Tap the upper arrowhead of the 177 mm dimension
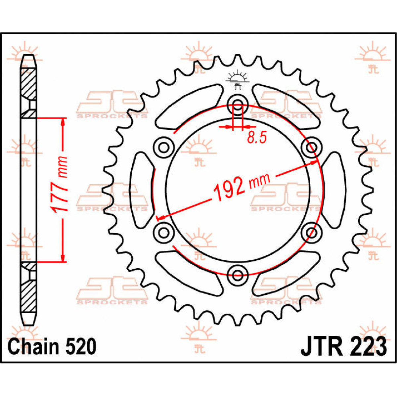point(62,123)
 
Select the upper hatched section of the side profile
point(29,84)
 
